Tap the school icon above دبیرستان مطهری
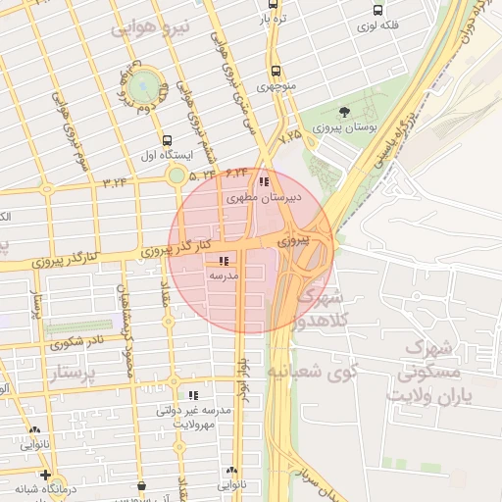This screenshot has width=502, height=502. click(263, 181)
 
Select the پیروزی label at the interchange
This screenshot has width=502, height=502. click(291, 240)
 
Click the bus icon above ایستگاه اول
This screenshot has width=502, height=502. click(167, 140)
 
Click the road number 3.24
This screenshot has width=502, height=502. click(115, 180)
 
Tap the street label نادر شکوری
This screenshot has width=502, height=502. click(77, 343)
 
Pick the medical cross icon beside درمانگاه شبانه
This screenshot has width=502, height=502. click(45, 476)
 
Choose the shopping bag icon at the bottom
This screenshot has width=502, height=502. click(143, 484)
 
